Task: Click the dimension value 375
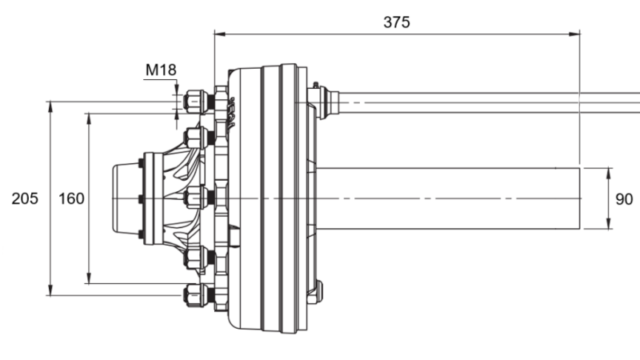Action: tap(396, 22)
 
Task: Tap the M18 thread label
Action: tap(160, 70)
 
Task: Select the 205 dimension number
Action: tap(25, 198)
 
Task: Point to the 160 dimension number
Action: tap(72, 198)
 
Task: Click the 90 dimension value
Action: tap(624, 198)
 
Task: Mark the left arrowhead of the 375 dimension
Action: tap(218, 34)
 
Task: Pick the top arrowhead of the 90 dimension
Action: tap(610, 171)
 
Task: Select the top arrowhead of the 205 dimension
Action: tap(51, 105)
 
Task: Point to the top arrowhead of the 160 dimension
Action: tap(88, 117)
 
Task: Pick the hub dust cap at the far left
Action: tap(125, 198)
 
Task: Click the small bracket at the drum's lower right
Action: tap(315, 291)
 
